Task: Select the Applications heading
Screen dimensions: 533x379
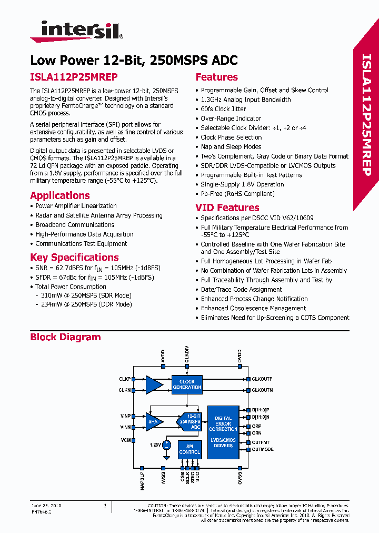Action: click(60, 195)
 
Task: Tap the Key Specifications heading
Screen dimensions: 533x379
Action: click(74, 258)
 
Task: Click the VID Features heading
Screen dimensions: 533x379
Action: click(227, 208)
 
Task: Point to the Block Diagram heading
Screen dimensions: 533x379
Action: click(65, 337)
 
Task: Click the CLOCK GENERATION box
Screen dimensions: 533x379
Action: click(187, 384)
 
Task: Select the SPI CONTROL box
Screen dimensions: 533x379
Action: click(189, 449)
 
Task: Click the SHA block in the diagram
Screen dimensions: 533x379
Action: click(153, 421)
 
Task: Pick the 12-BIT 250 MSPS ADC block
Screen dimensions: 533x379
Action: click(191, 421)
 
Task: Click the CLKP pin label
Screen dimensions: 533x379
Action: click(125, 379)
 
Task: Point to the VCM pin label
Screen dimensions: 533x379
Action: click(126, 440)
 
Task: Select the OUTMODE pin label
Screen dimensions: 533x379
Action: click(263, 449)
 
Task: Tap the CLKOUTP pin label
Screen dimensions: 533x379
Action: click(262, 379)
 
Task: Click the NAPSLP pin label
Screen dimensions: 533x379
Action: click(143, 480)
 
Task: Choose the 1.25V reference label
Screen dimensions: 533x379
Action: click(155, 445)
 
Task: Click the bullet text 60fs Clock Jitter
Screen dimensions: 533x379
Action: click(223, 109)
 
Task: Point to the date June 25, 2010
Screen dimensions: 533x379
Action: click(47, 506)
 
